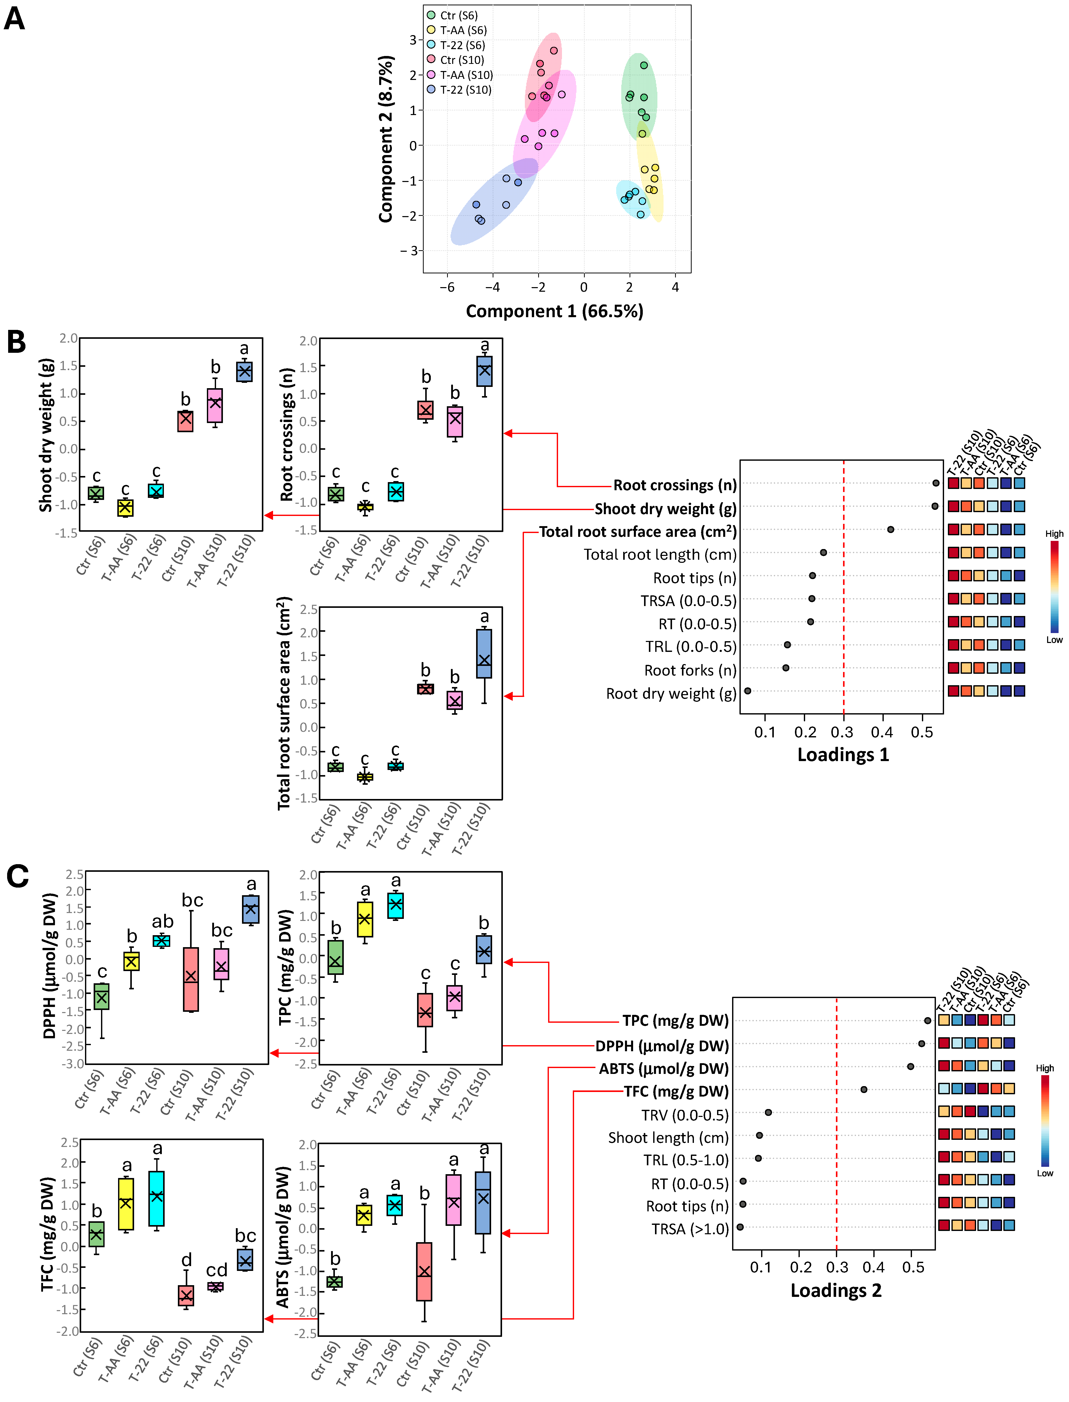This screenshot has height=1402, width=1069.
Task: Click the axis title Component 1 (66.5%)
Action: pos(554,311)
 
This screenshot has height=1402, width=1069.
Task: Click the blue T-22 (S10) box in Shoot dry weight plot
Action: pos(244,372)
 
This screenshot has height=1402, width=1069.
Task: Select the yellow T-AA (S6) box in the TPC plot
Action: pos(365,918)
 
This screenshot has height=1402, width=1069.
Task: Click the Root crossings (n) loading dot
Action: pos(935,483)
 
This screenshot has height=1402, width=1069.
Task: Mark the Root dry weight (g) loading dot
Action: pos(748,691)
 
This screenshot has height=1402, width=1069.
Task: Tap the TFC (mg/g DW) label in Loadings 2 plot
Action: pos(676,1091)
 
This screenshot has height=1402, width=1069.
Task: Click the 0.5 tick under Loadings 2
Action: pos(913,1267)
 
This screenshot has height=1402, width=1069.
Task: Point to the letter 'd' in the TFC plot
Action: pos(187,1260)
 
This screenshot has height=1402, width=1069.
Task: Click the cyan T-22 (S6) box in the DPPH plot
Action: pos(162,941)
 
